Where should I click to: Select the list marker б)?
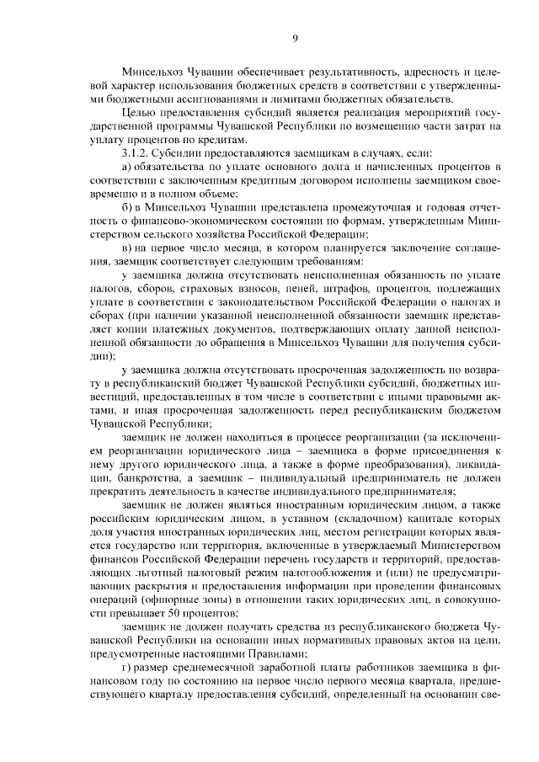[x=127, y=207]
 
